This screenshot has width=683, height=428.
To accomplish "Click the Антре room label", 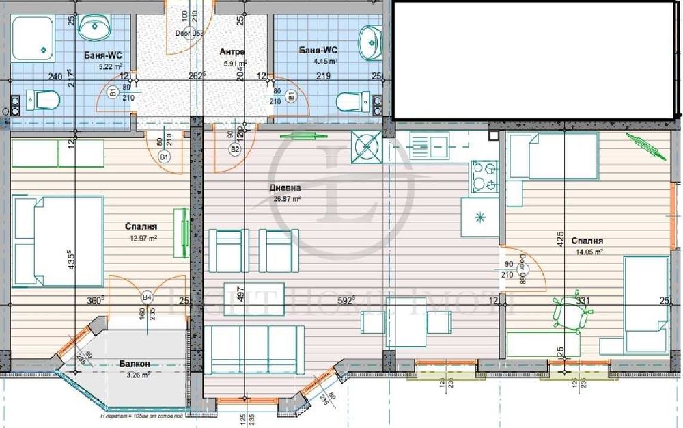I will tap(233, 52).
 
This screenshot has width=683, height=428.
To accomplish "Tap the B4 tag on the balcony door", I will tap(145, 297).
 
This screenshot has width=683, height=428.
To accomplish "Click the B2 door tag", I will tap(235, 148).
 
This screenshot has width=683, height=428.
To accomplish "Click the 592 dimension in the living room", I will tap(348, 299).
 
